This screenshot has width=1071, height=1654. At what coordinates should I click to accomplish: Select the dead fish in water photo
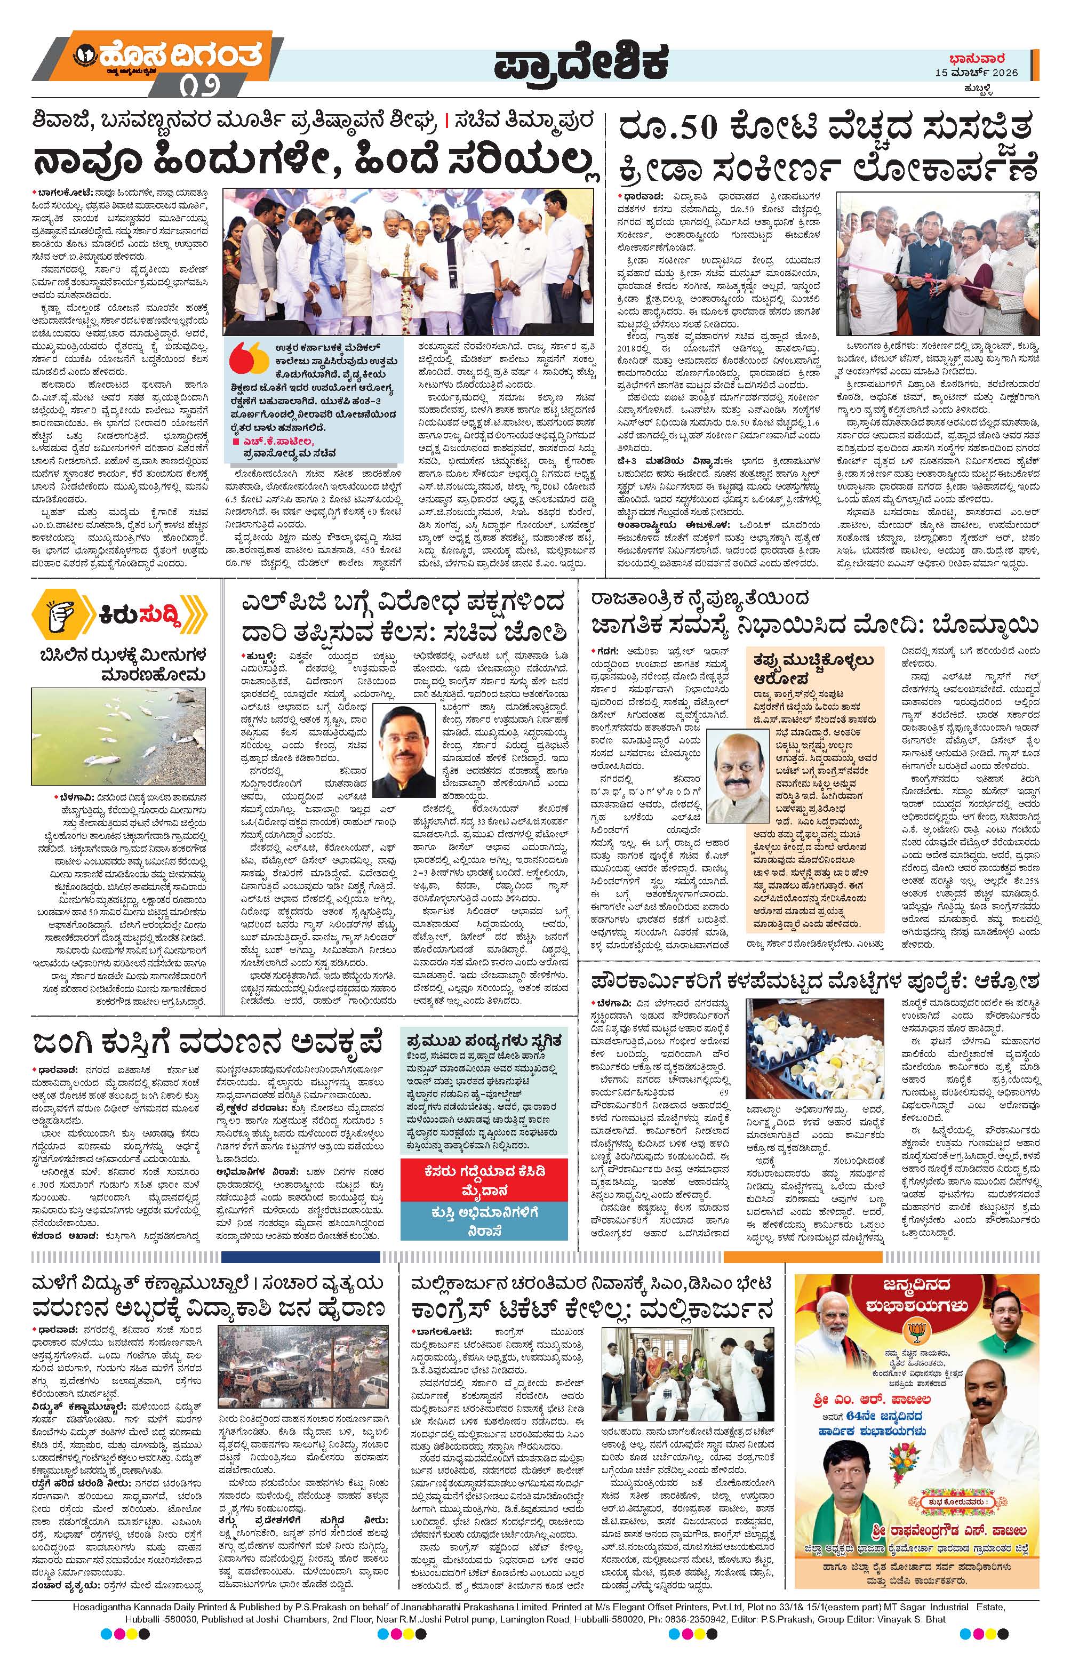tap(119, 727)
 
